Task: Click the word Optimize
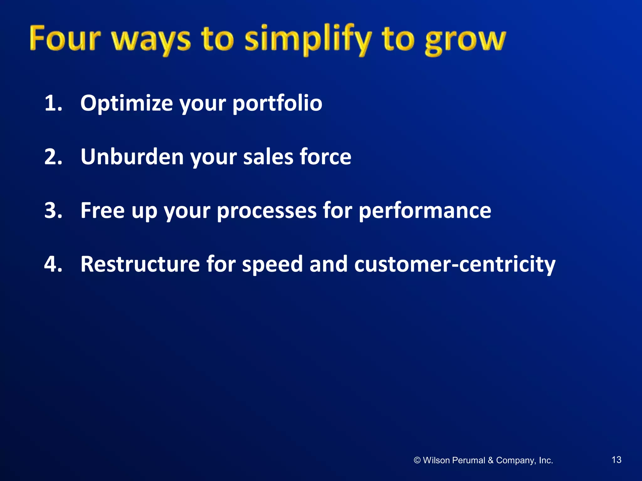click(126, 103)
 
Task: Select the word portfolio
click(277, 103)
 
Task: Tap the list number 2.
click(53, 157)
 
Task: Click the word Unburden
click(132, 157)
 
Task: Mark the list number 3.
click(53, 210)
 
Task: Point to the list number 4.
click(53, 264)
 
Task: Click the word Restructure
click(140, 264)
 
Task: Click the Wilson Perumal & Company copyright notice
click(483, 460)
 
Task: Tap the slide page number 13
click(616, 460)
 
